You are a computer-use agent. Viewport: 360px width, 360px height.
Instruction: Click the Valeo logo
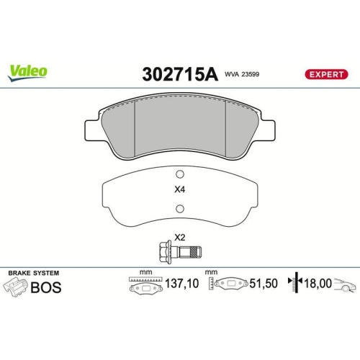click(28, 71)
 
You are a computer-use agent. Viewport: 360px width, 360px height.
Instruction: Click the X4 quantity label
click(180, 191)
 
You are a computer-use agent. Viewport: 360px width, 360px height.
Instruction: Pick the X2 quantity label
click(180, 237)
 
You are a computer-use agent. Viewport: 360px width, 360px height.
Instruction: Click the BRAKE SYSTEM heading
click(33, 273)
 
